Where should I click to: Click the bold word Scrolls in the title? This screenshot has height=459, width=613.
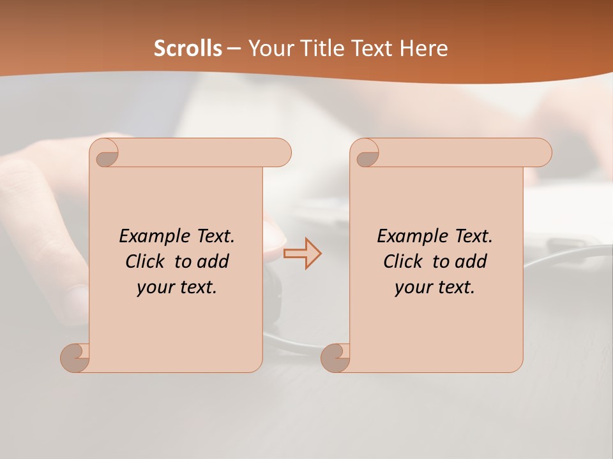[188, 48]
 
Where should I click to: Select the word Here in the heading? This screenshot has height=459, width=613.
[424, 48]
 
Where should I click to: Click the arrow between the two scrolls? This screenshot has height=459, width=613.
[302, 253]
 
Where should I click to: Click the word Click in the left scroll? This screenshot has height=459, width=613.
[146, 261]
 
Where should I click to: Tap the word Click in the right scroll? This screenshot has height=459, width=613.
[403, 261]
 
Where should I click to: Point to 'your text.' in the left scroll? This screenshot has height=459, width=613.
[177, 287]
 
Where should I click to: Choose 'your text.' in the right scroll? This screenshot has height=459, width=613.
[435, 287]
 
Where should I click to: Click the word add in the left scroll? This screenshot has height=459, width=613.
[214, 261]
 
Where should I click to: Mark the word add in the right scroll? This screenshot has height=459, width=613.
[472, 261]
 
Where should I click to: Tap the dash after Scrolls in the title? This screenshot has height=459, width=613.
[234, 48]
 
